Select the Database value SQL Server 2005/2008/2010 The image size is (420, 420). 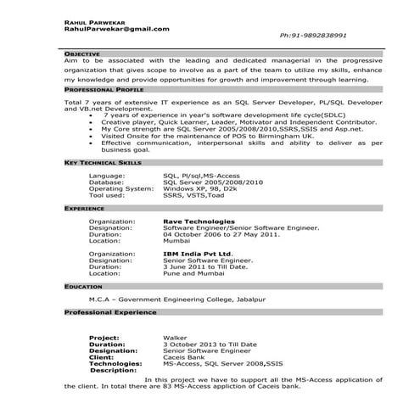[x=213, y=182]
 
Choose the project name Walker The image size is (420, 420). [x=175, y=338]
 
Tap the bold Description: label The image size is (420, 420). [x=113, y=370]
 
